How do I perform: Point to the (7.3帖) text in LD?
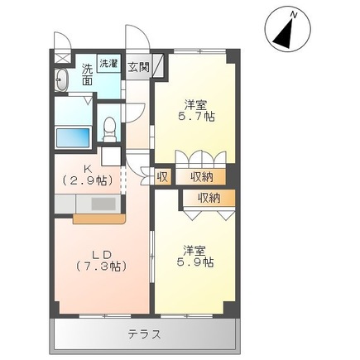[102, 266]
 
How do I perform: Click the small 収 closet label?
[162, 176]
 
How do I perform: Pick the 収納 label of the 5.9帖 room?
[209, 198]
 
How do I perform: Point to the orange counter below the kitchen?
[98, 219]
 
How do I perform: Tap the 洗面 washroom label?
[86, 75]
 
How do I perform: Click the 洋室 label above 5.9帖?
[195, 248]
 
